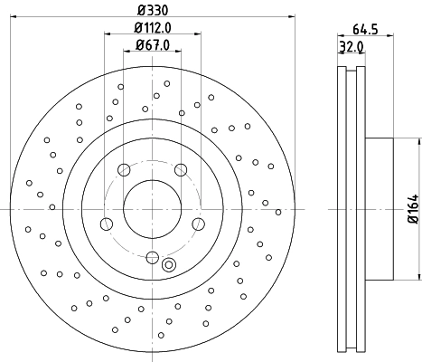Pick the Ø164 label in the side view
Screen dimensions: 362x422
(412, 208)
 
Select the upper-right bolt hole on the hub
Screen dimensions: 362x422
(181, 169)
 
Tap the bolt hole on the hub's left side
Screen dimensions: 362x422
(106, 224)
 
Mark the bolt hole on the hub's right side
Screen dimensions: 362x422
(199, 224)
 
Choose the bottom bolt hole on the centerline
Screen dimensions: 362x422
(152, 257)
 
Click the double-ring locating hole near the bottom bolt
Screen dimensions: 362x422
(168, 264)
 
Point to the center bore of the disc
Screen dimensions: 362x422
(152, 208)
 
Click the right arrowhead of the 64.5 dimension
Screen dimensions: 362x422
(390, 37)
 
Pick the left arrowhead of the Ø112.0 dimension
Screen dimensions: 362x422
(107, 34)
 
